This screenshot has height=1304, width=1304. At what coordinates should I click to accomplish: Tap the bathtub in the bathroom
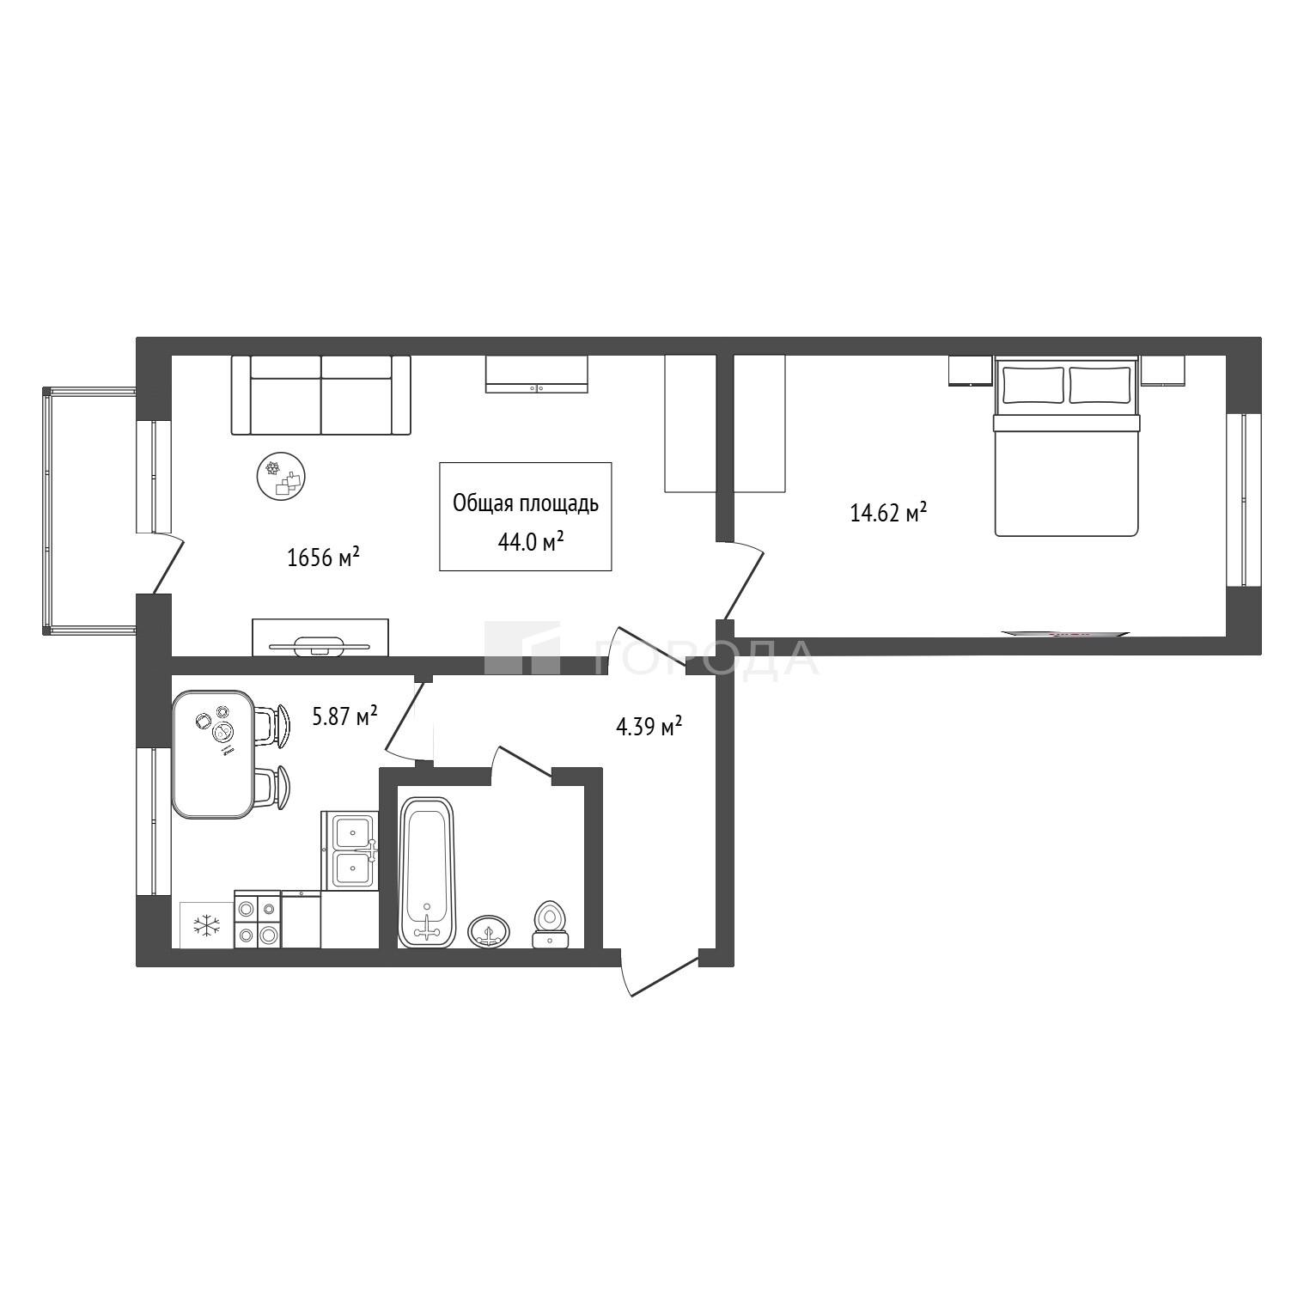pos(427,872)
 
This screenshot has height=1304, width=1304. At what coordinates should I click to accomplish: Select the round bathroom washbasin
pos(489,931)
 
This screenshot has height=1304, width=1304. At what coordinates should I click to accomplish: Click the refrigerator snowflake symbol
pos(206,925)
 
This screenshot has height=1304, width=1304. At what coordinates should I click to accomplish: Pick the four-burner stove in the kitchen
pos(258,919)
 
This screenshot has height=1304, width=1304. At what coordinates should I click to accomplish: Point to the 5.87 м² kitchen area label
pos(345,716)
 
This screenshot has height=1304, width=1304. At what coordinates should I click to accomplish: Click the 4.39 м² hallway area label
pos(649,727)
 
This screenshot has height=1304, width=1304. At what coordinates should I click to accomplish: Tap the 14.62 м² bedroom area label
pos(888,513)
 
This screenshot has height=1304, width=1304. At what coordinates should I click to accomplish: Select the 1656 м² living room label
pos(323,558)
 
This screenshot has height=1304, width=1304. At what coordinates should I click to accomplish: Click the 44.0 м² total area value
pos(531,540)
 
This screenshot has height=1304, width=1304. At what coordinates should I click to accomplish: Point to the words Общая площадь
pos(526,503)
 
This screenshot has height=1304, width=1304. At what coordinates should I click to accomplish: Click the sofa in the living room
pos(321,395)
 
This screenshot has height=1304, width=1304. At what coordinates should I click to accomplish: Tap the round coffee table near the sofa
pos(282,477)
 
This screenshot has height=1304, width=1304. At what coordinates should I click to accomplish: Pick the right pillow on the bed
pos(1100,385)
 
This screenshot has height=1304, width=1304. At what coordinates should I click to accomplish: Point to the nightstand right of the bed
pos(1163,371)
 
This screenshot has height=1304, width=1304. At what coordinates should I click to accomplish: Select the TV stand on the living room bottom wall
pos(320,637)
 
